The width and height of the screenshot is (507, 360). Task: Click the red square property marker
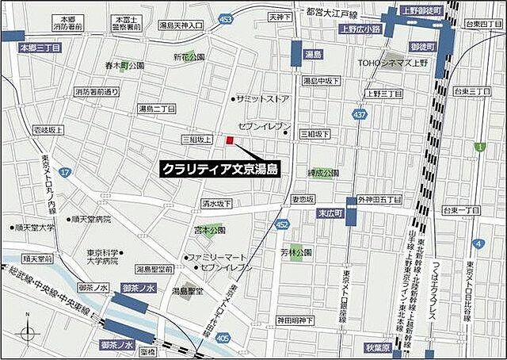tap(231, 140)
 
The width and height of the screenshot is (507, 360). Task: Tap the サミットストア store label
tap(261, 99)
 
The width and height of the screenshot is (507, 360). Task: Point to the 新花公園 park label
tap(189, 56)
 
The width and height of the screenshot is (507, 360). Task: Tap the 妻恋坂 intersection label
tap(303, 198)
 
